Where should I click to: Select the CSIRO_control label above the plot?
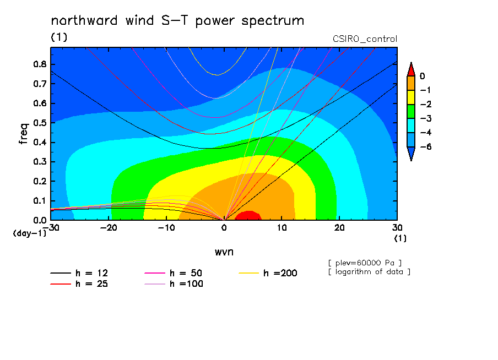(365, 39)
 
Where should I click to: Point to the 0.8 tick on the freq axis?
(40, 64)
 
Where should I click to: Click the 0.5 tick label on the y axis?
(40, 123)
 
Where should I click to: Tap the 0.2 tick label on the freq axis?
(40, 181)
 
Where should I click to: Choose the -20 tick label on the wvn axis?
(109, 228)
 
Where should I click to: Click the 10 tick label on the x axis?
(282, 228)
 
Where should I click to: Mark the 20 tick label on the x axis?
(339, 228)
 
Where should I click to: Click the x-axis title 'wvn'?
(224, 252)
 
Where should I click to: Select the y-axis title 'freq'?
(24, 133)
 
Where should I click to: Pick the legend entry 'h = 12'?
(79, 273)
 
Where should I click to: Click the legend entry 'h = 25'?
(79, 284)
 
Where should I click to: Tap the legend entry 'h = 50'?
(174, 273)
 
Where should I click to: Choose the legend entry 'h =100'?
(174, 284)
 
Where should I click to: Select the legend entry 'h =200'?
(268, 273)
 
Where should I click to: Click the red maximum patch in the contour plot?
(248, 216)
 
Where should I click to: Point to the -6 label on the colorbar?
(426, 146)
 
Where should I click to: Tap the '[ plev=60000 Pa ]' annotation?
(365, 263)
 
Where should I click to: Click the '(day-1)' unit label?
(30, 233)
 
